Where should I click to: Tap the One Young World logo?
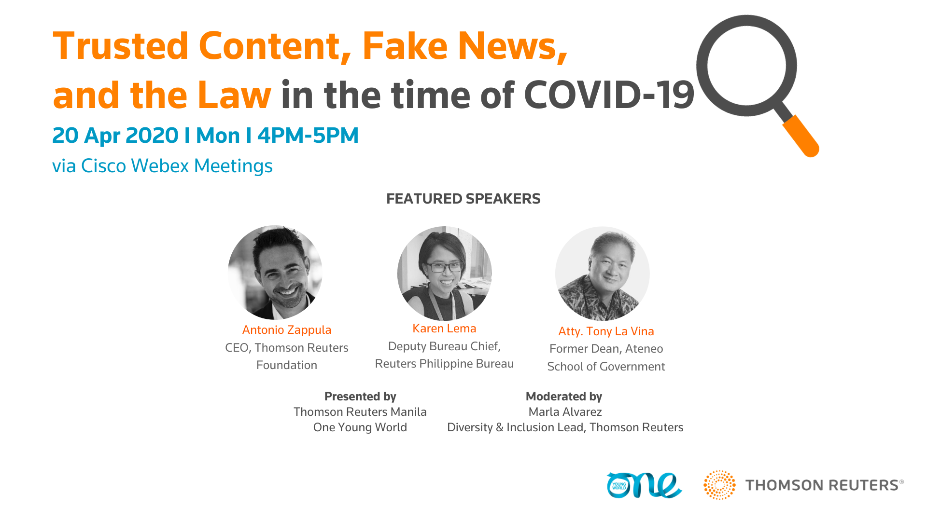(644, 485)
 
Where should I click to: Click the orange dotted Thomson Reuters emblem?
(719, 485)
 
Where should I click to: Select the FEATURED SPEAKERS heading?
(463, 199)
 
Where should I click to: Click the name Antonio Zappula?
(287, 330)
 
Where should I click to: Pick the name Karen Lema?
(444, 329)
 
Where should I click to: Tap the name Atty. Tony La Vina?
(606, 331)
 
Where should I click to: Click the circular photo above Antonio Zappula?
(275, 273)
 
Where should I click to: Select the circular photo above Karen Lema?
(445, 274)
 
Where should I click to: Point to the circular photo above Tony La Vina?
(603, 274)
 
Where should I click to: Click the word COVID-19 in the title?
(609, 95)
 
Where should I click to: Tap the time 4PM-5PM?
(308, 136)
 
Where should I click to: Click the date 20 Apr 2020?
(115, 136)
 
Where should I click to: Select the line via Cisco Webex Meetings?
(162, 166)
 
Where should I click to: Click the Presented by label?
(360, 397)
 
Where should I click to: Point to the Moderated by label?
(564, 397)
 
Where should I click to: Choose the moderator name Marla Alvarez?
(565, 412)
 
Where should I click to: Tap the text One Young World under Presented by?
(360, 427)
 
